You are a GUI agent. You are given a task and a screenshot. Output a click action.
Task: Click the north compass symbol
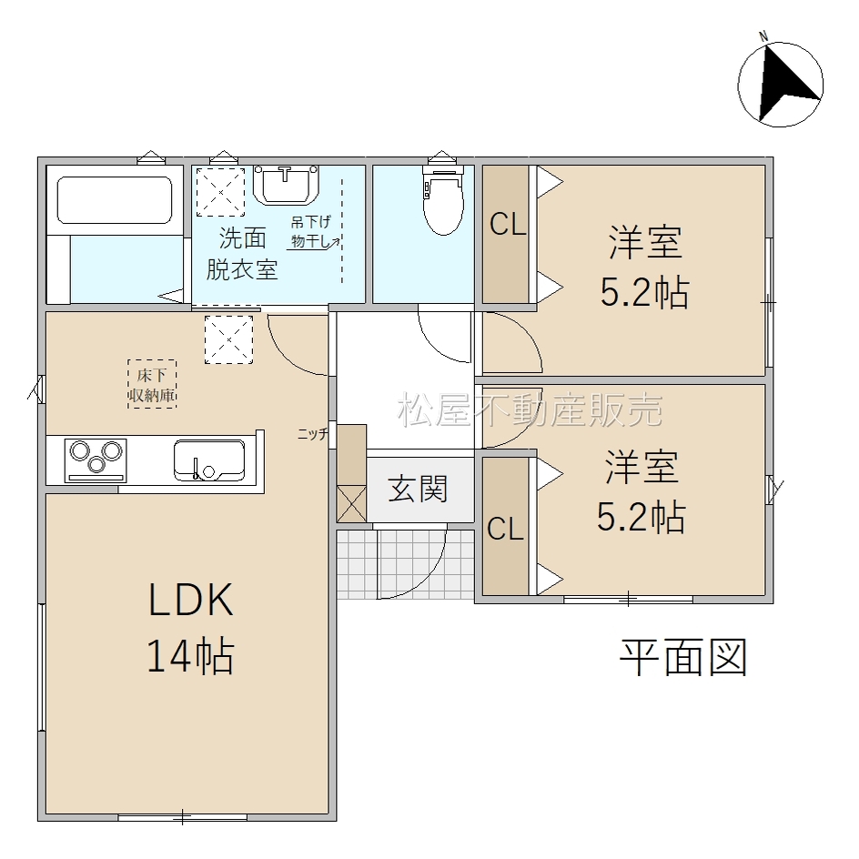click(780, 84)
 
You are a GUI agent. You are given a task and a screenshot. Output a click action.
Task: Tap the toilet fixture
click(443, 199)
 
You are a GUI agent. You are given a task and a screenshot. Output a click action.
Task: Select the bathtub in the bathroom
click(115, 200)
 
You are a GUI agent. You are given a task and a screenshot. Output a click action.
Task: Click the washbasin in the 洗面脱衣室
click(286, 185)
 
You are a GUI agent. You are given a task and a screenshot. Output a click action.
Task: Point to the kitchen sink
click(209, 460)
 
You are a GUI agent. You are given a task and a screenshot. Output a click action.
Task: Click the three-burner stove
click(96, 460)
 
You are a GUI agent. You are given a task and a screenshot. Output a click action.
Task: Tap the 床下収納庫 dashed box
click(152, 384)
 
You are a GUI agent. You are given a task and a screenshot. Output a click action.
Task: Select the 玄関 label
click(418, 490)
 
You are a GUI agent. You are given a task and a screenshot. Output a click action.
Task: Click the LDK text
click(191, 600)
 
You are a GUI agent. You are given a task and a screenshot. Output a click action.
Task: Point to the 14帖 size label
click(191, 655)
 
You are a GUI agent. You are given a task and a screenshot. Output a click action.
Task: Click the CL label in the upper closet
click(508, 224)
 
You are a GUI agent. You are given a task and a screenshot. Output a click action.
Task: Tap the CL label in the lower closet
click(506, 530)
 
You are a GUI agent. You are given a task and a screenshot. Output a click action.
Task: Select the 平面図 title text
click(683, 657)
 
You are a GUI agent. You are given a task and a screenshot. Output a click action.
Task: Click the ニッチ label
click(313, 434)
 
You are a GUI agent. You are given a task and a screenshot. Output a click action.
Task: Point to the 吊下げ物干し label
click(312, 232)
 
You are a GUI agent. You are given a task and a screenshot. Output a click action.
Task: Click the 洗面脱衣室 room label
click(242, 254)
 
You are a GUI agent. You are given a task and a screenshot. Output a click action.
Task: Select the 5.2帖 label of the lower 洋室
click(641, 517)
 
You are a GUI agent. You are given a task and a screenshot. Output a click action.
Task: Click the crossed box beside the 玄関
click(352, 503)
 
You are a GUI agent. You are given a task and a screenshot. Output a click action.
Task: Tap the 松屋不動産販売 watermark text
click(531, 409)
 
